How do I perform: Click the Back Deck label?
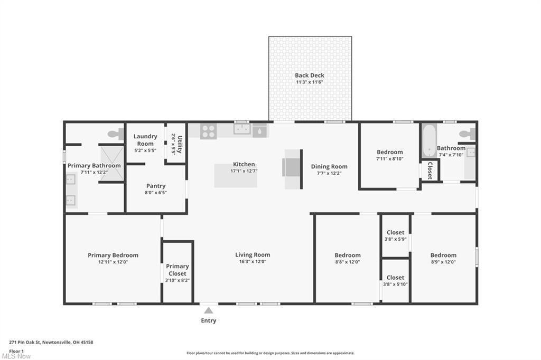pos(310,75)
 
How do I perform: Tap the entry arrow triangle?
pos(208,310)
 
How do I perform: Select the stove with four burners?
pos(208,131)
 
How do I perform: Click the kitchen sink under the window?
pos(242,129)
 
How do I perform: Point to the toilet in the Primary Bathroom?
pos(116,134)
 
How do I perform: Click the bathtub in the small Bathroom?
pos(429,141)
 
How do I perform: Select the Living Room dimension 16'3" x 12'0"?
pos(253,262)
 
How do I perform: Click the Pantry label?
pos(156,186)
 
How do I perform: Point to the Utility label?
pos(180,144)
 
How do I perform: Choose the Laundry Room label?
pos(145,140)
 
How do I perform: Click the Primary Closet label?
pos(178,270)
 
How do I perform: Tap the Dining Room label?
pos(329,167)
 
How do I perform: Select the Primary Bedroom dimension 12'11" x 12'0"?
pos(113,262)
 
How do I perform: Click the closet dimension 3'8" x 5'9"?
pos(395,239)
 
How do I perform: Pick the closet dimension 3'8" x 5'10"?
pos(395,285)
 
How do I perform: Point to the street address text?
pos(51,343)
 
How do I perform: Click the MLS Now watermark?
pos(16,356)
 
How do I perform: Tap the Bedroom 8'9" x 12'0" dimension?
pos(443,262)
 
